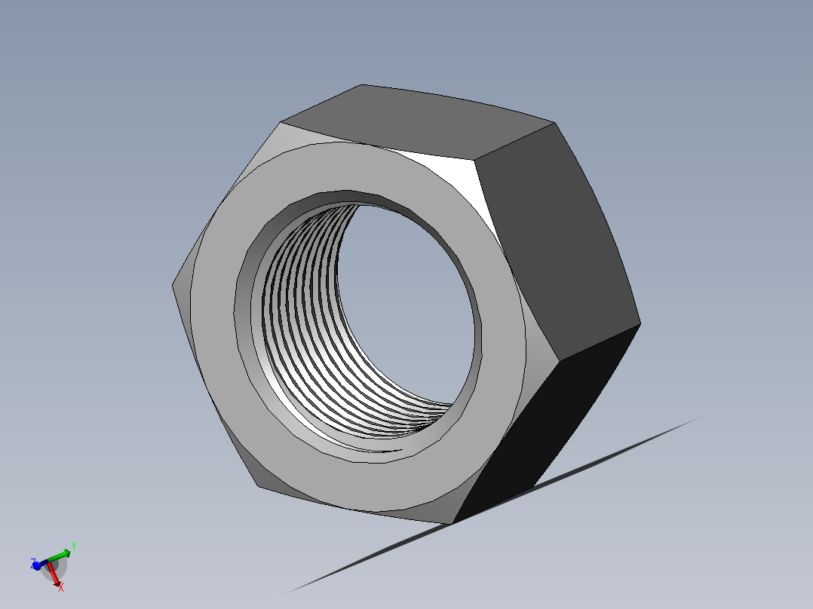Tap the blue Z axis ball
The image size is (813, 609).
click(37, 565)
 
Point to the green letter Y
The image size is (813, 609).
click(73, 546)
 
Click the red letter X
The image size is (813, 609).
click(61, 587)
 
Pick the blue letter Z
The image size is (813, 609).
click(32, 562)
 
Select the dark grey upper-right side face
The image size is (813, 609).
click(554, 241)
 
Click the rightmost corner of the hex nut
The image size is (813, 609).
click(640, 324)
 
